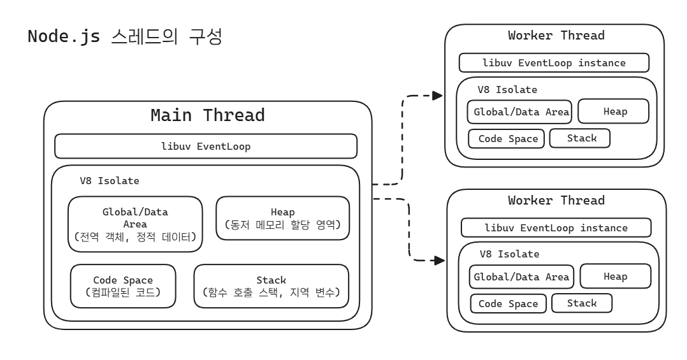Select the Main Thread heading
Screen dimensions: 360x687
pyautogui.click(x=207, y=115)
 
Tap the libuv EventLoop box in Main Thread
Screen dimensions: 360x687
pyautogui.click(x=205, y=146)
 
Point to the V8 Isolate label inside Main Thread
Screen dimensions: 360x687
pyautogui.click(x=109, y=180)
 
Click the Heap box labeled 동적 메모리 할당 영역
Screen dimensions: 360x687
pyautogui.click(x=282, y=218)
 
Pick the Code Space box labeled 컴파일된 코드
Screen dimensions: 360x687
pyautogui.click(x=122, y=285)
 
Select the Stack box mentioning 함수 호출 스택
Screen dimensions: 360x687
pyautogui.click(x=271, y=285)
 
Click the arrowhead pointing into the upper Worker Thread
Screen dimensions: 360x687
pyautogui.click(x=437, y=96)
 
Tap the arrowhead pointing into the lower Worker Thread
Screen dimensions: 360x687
pyautogui.click(x=438, y=260)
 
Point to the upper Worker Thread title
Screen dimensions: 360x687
pyautogui.click(x=556, y=36)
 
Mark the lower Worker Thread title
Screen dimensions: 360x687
pyautogui.click(x=556, y=200)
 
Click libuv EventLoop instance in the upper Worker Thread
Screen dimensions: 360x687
pyautogui.click(x=554, y=63)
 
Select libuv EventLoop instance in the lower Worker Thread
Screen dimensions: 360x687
pyautogui.click(x=556, y=227)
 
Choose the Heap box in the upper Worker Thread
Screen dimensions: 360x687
pyautogui.click(x=614, y=111)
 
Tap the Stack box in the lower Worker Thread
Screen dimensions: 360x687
pyautogui.click(x=581, y=303)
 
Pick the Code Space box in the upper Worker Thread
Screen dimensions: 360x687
pyautogui.click(x=507, y=138)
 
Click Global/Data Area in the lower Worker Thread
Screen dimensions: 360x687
pyautogui.click(x=522, y=277)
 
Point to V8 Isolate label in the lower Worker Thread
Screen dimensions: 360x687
pyautogui.click(x=509, y=254)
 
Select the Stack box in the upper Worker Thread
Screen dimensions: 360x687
pyautogui.click(x=579, y=138)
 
